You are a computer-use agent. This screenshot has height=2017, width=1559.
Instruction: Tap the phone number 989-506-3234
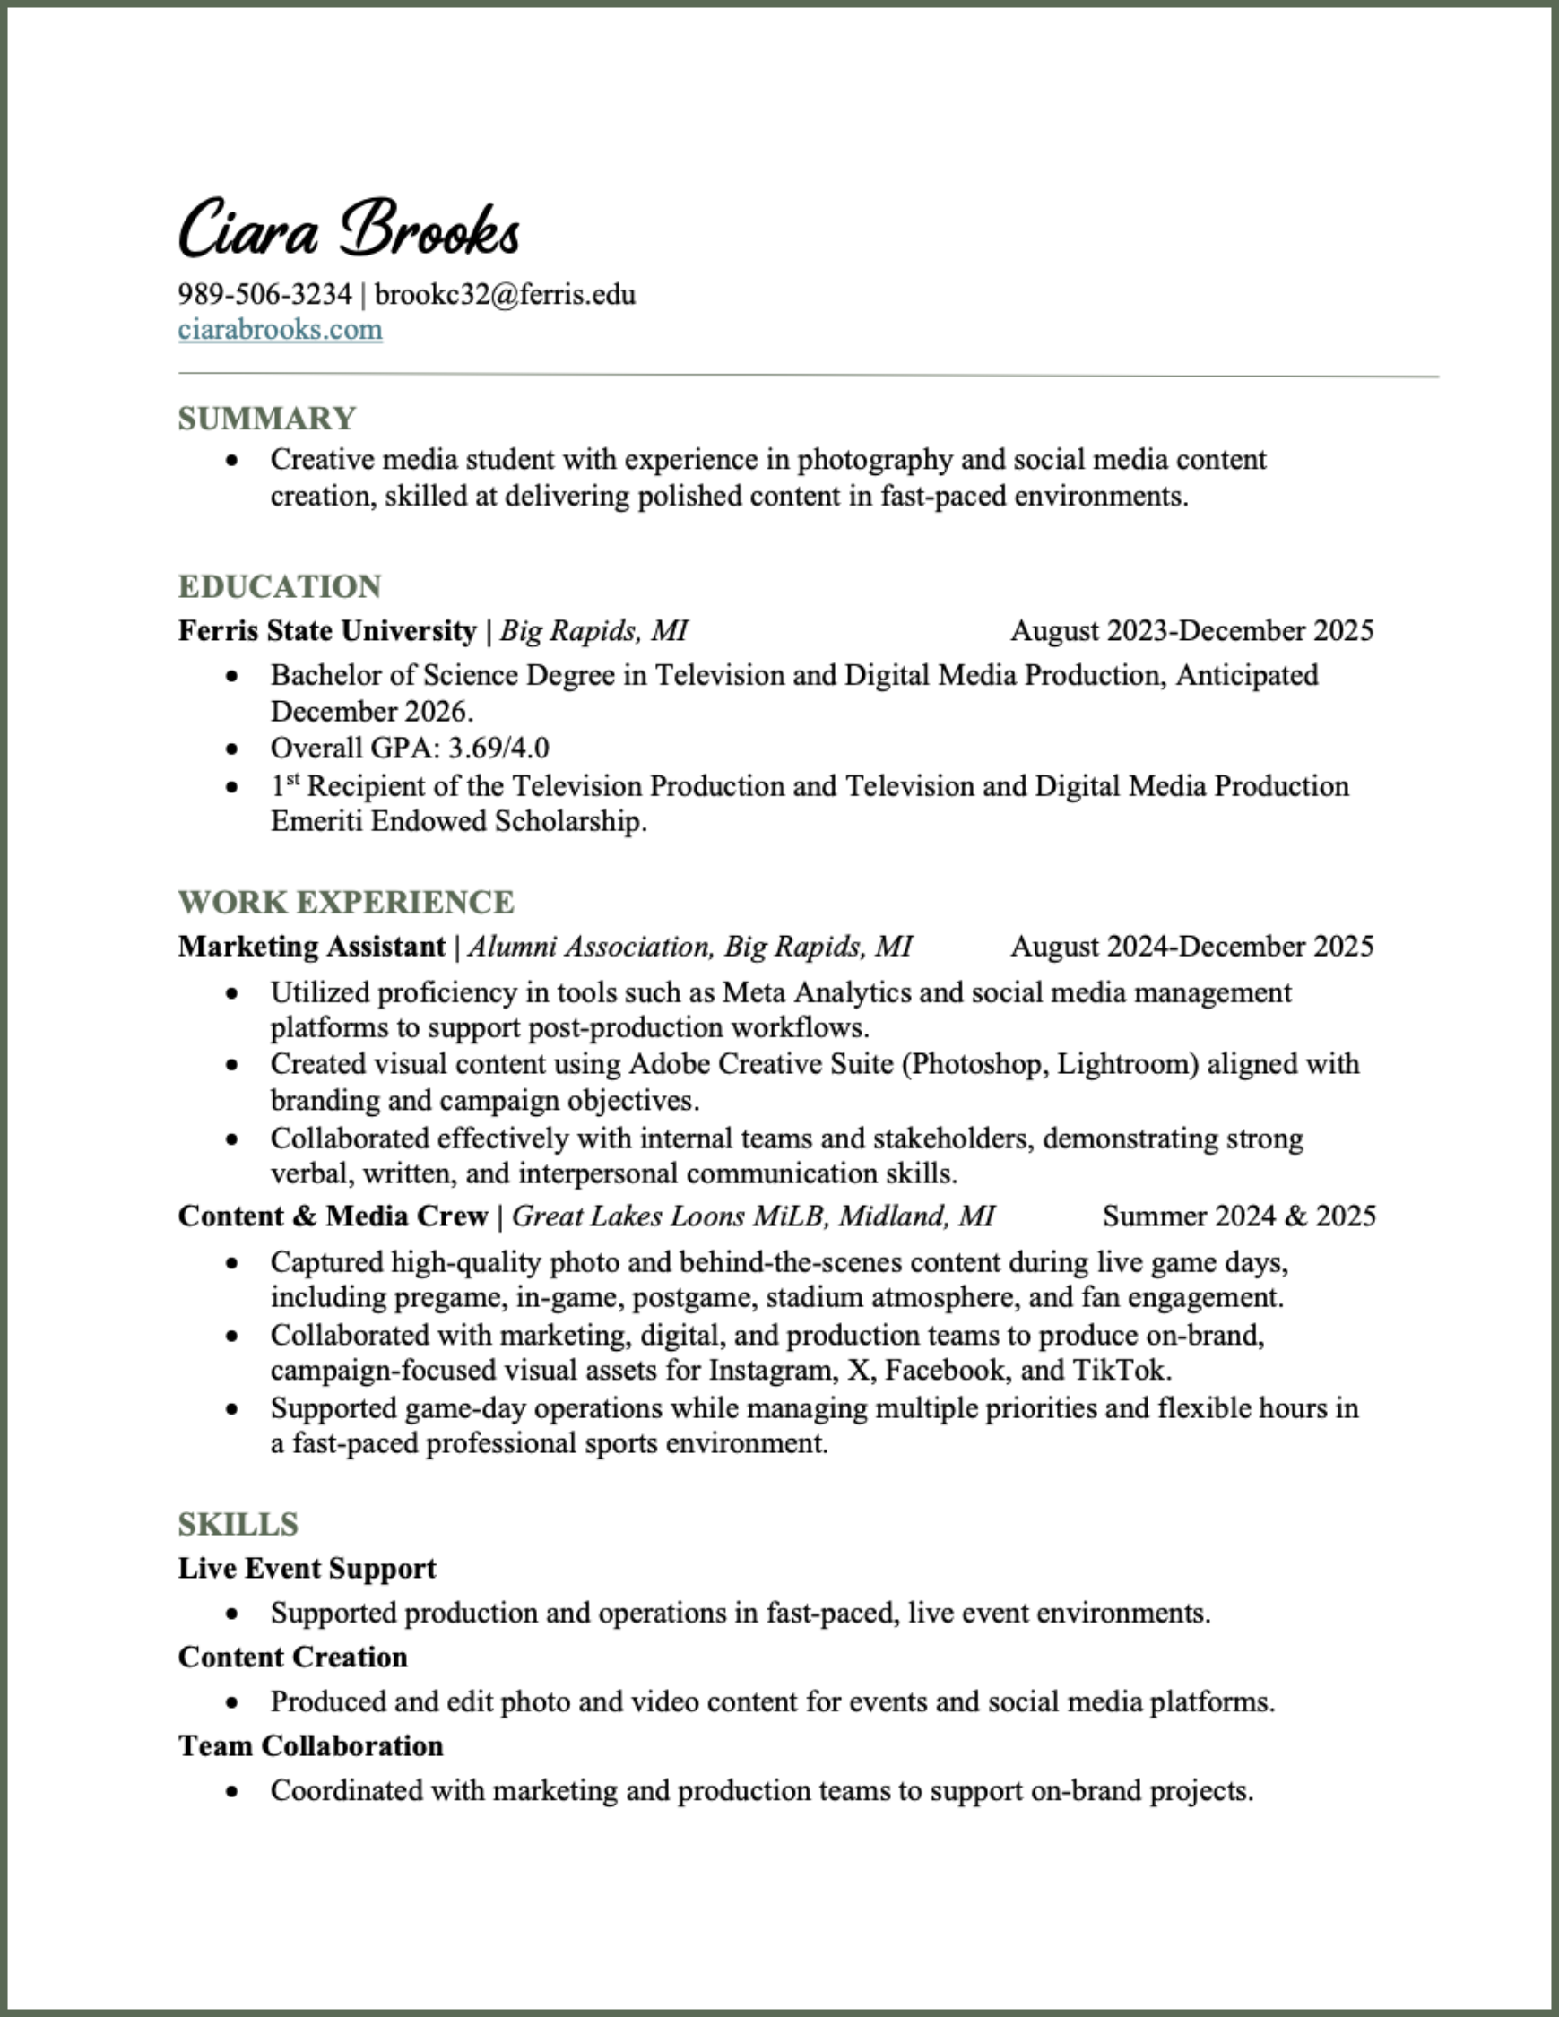(x=264, y=295)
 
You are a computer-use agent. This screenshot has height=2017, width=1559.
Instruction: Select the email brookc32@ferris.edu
(x=506, y=295)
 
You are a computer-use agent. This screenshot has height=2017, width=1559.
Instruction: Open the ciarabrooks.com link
(x=280, y=330)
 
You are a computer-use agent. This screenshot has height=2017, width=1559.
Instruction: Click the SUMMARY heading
(x=267, y=419)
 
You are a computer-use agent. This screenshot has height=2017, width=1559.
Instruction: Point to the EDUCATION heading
(x=280, y=586)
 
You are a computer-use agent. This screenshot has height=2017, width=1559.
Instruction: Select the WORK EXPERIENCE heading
(x=346, y=903)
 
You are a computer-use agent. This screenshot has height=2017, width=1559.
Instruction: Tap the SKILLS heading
(x=238, y=1524)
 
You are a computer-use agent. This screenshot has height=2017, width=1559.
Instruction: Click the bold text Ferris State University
(x=327, y=631)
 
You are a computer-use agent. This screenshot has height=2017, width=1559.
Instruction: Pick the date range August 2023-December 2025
(x=1191, y=631)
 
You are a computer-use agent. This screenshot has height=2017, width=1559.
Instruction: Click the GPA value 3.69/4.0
(x=498, y=747)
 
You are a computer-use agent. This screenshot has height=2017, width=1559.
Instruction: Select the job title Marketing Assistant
(x=312, y=947)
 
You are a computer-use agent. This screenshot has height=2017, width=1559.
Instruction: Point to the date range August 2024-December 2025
(x=1191, y=947)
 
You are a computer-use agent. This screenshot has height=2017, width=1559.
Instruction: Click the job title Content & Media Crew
(x=333, y=1216)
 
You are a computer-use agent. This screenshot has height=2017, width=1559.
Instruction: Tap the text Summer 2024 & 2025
(x=1239, y=1216)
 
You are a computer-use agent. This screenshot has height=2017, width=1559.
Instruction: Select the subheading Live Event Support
(x=307, y=1568)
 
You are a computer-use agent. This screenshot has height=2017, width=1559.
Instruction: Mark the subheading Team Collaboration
(x=310, y=1745)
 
